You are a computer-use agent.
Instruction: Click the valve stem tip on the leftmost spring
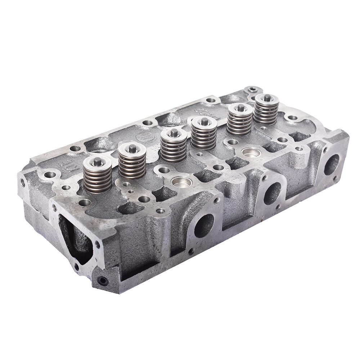tap(97, 162)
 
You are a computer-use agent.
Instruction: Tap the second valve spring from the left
tap(132, 164)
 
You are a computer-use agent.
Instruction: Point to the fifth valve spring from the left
tap(239, 121)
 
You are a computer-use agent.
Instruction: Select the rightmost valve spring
tap(266, 110)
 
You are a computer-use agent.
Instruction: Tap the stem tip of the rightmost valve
tap(267, 98)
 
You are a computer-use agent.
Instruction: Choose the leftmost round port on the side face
tap(204, 226)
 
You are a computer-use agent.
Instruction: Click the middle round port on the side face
tap(272, 193)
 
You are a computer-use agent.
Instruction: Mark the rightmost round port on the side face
tap(331, 165)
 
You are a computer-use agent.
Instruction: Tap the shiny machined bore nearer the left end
tap(181, 182)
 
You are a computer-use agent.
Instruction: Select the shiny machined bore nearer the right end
tap(251, 153)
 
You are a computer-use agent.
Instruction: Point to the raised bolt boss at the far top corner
tap(252, 89)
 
